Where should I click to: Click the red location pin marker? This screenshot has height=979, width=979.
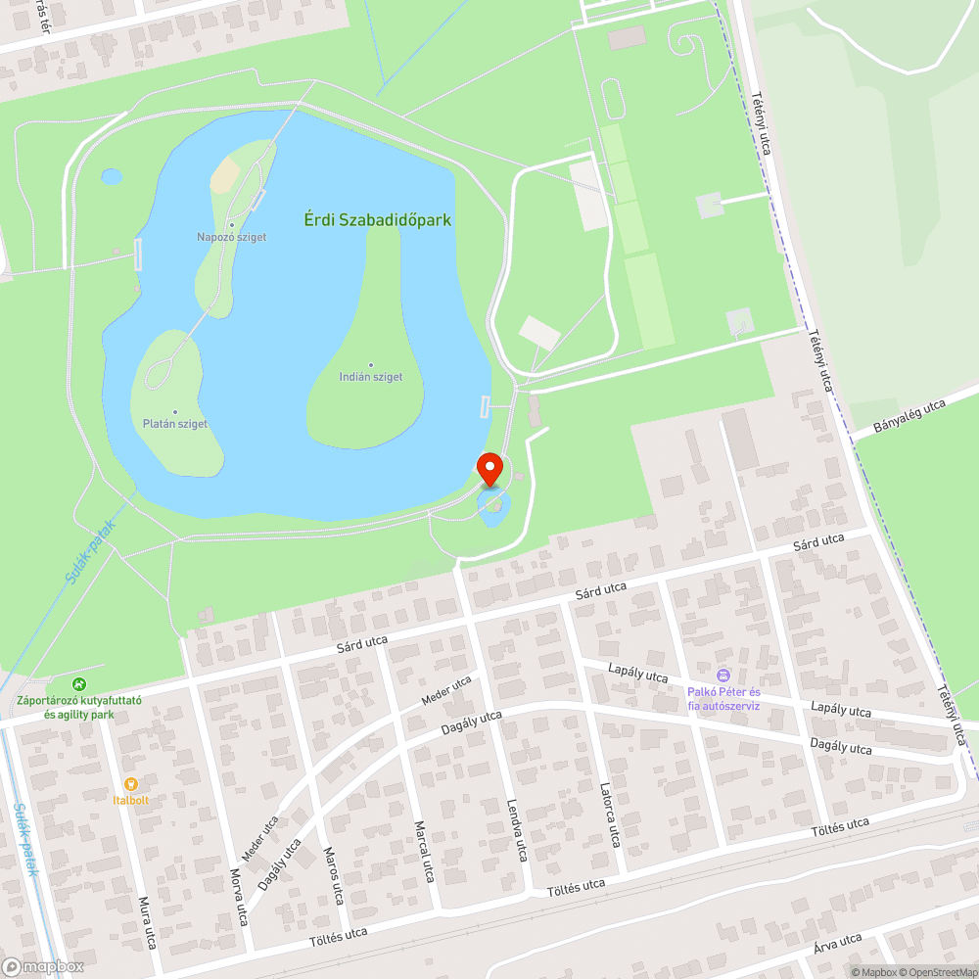[489, 468]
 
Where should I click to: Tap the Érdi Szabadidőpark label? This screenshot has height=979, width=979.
[377, 220]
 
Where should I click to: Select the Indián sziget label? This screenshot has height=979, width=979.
[370, 377]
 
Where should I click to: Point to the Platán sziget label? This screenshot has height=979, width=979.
[174, 424]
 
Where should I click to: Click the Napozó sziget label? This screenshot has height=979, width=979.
[231, 237]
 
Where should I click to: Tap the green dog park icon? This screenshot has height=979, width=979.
[79, 684]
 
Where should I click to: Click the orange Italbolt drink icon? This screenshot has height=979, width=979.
[130, 783]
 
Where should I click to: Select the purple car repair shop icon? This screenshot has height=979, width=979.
[723, 675]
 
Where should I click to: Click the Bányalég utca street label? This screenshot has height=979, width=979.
[909, 418]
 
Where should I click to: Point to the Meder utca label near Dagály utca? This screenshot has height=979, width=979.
[446, 690]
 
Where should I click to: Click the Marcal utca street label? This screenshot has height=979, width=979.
[424, 851]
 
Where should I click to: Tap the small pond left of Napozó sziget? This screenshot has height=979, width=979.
[112, 176]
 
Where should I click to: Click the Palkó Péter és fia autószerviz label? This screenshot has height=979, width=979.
[723, 698]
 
